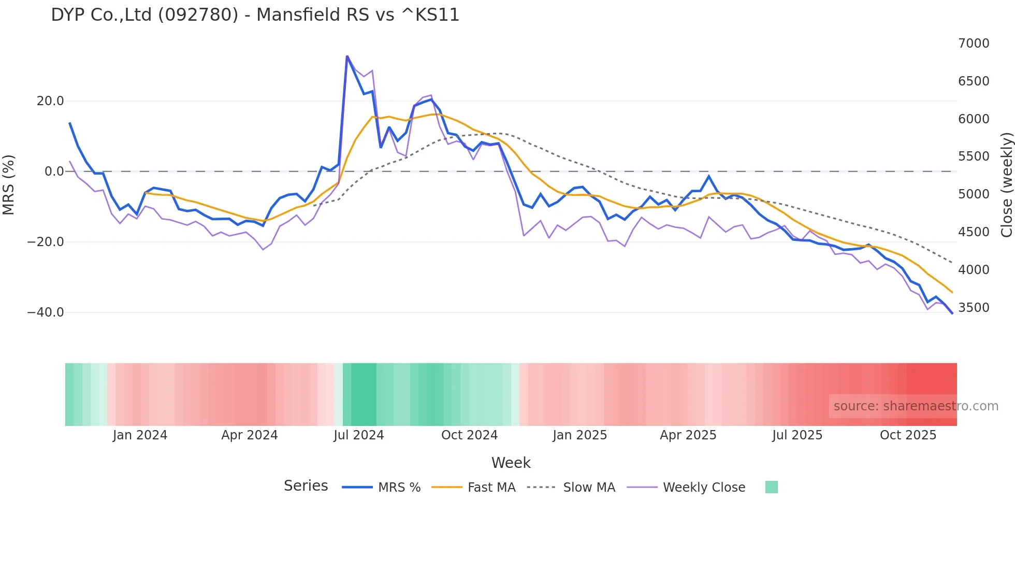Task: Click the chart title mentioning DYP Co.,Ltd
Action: point(255,15)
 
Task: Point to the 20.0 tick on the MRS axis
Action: point(50,101)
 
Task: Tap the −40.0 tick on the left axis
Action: point(46,312)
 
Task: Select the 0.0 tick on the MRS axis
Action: point(54,172)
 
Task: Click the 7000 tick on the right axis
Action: point(974,44)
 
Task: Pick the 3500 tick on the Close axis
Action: point(974,308)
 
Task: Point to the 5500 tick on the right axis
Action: point(974,156)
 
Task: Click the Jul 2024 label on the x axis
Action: point(359,435)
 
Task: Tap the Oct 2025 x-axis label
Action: point(908,435)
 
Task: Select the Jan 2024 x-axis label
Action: point(140,435)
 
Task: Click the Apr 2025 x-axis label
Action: point(688,435)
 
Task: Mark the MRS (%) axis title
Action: point(9,184)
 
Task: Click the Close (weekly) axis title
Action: point(1006,185)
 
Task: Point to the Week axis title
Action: point(511,463)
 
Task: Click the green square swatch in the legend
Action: point(771,487)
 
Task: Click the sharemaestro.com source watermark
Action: point(916,406)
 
